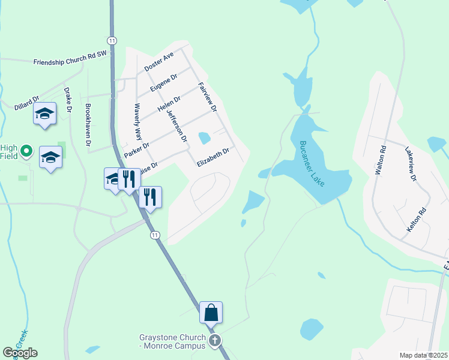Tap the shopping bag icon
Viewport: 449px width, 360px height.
click(x=211, y=312)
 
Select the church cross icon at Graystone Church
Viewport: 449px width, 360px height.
click(x=215, y=341)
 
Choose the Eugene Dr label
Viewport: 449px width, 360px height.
click(x=164, y=83)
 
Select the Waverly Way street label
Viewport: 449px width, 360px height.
click(x=137, y=125)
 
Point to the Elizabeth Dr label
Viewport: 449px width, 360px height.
click(x=213, y=158)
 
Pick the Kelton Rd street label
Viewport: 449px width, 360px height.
click(x=415, y=220)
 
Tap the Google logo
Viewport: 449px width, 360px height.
click(x=20, y=353)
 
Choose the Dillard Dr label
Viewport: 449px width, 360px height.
click(x=26, y=103)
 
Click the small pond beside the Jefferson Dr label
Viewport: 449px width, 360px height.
click(x=204, y=138)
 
